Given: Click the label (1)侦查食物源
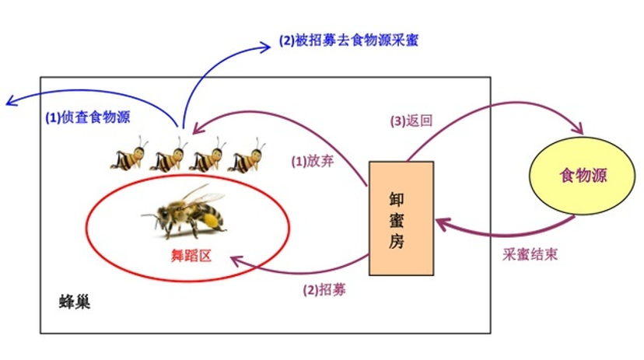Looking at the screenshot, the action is point(86,118).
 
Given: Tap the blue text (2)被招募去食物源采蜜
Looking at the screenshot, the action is point(349,40).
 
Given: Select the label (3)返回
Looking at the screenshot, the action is point(411,121).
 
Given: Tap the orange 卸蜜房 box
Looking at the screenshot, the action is point(401,218).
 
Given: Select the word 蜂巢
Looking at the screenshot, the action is point(75,301).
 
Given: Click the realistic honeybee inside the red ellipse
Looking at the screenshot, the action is point(187,211).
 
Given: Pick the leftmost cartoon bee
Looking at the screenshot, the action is point(129,155).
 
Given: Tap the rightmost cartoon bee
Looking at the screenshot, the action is point(247,155).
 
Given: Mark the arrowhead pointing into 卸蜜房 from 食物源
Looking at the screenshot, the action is point(441,224).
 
